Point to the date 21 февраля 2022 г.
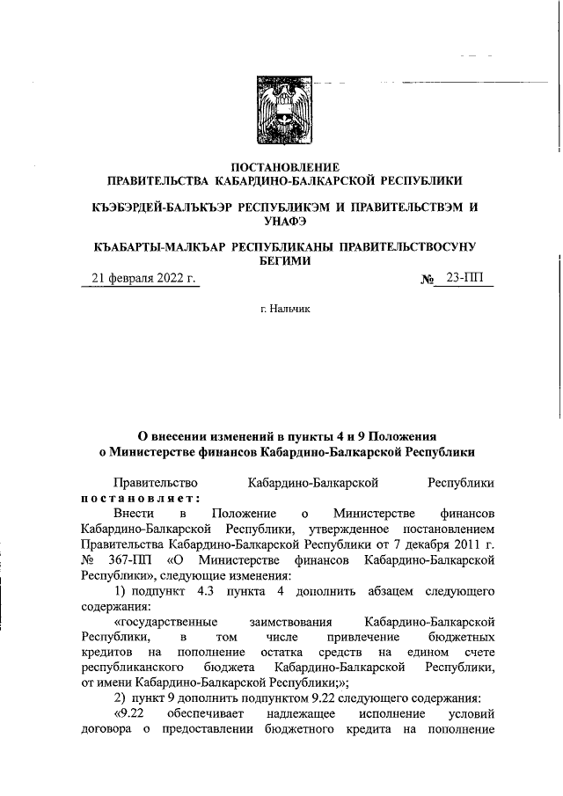click(142, 280)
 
